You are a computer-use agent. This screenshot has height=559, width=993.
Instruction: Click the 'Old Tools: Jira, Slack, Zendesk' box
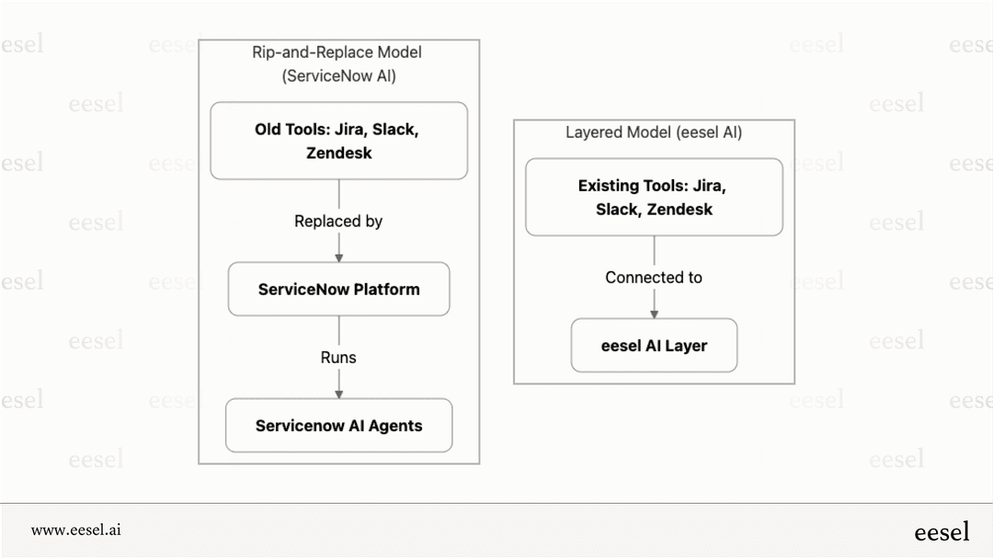(x=338, y=141)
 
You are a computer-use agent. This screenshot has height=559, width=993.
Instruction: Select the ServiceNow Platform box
(x=338, y=290)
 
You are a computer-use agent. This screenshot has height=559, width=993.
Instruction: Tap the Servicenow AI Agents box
(x=338, y=426)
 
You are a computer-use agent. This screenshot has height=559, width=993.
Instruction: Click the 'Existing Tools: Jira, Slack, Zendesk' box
(x=654, y=197)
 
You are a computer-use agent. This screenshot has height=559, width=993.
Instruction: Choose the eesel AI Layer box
(x=654, y=346)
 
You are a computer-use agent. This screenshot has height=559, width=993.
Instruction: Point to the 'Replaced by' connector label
(x=338, y=222)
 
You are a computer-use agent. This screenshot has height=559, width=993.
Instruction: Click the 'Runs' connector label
(x=338, y=358)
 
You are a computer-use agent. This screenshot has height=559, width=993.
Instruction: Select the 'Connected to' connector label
(x=654, y=278)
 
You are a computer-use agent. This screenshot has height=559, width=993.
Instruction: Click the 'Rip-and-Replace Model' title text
(x=337, y=52)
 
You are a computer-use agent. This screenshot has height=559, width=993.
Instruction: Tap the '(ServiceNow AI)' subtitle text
(x=338, y=76)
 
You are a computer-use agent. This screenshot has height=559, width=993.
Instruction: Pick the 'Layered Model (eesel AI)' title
(x=654, y=132)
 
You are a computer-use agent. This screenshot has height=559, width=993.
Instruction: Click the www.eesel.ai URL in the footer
(x=76, y=530)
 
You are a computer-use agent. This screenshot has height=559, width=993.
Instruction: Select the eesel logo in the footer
(x=942, y=531)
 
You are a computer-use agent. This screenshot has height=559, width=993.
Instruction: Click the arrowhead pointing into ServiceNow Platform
(x=338, y=257)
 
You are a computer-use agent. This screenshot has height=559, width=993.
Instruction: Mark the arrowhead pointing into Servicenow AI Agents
(x=338, y=393)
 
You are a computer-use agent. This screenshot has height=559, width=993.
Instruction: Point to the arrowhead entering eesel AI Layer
(x=654, y=313)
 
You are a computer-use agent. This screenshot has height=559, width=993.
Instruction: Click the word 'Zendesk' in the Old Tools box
(x=338, y=153)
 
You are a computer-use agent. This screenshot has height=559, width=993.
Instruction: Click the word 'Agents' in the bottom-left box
(x=395, y=426)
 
